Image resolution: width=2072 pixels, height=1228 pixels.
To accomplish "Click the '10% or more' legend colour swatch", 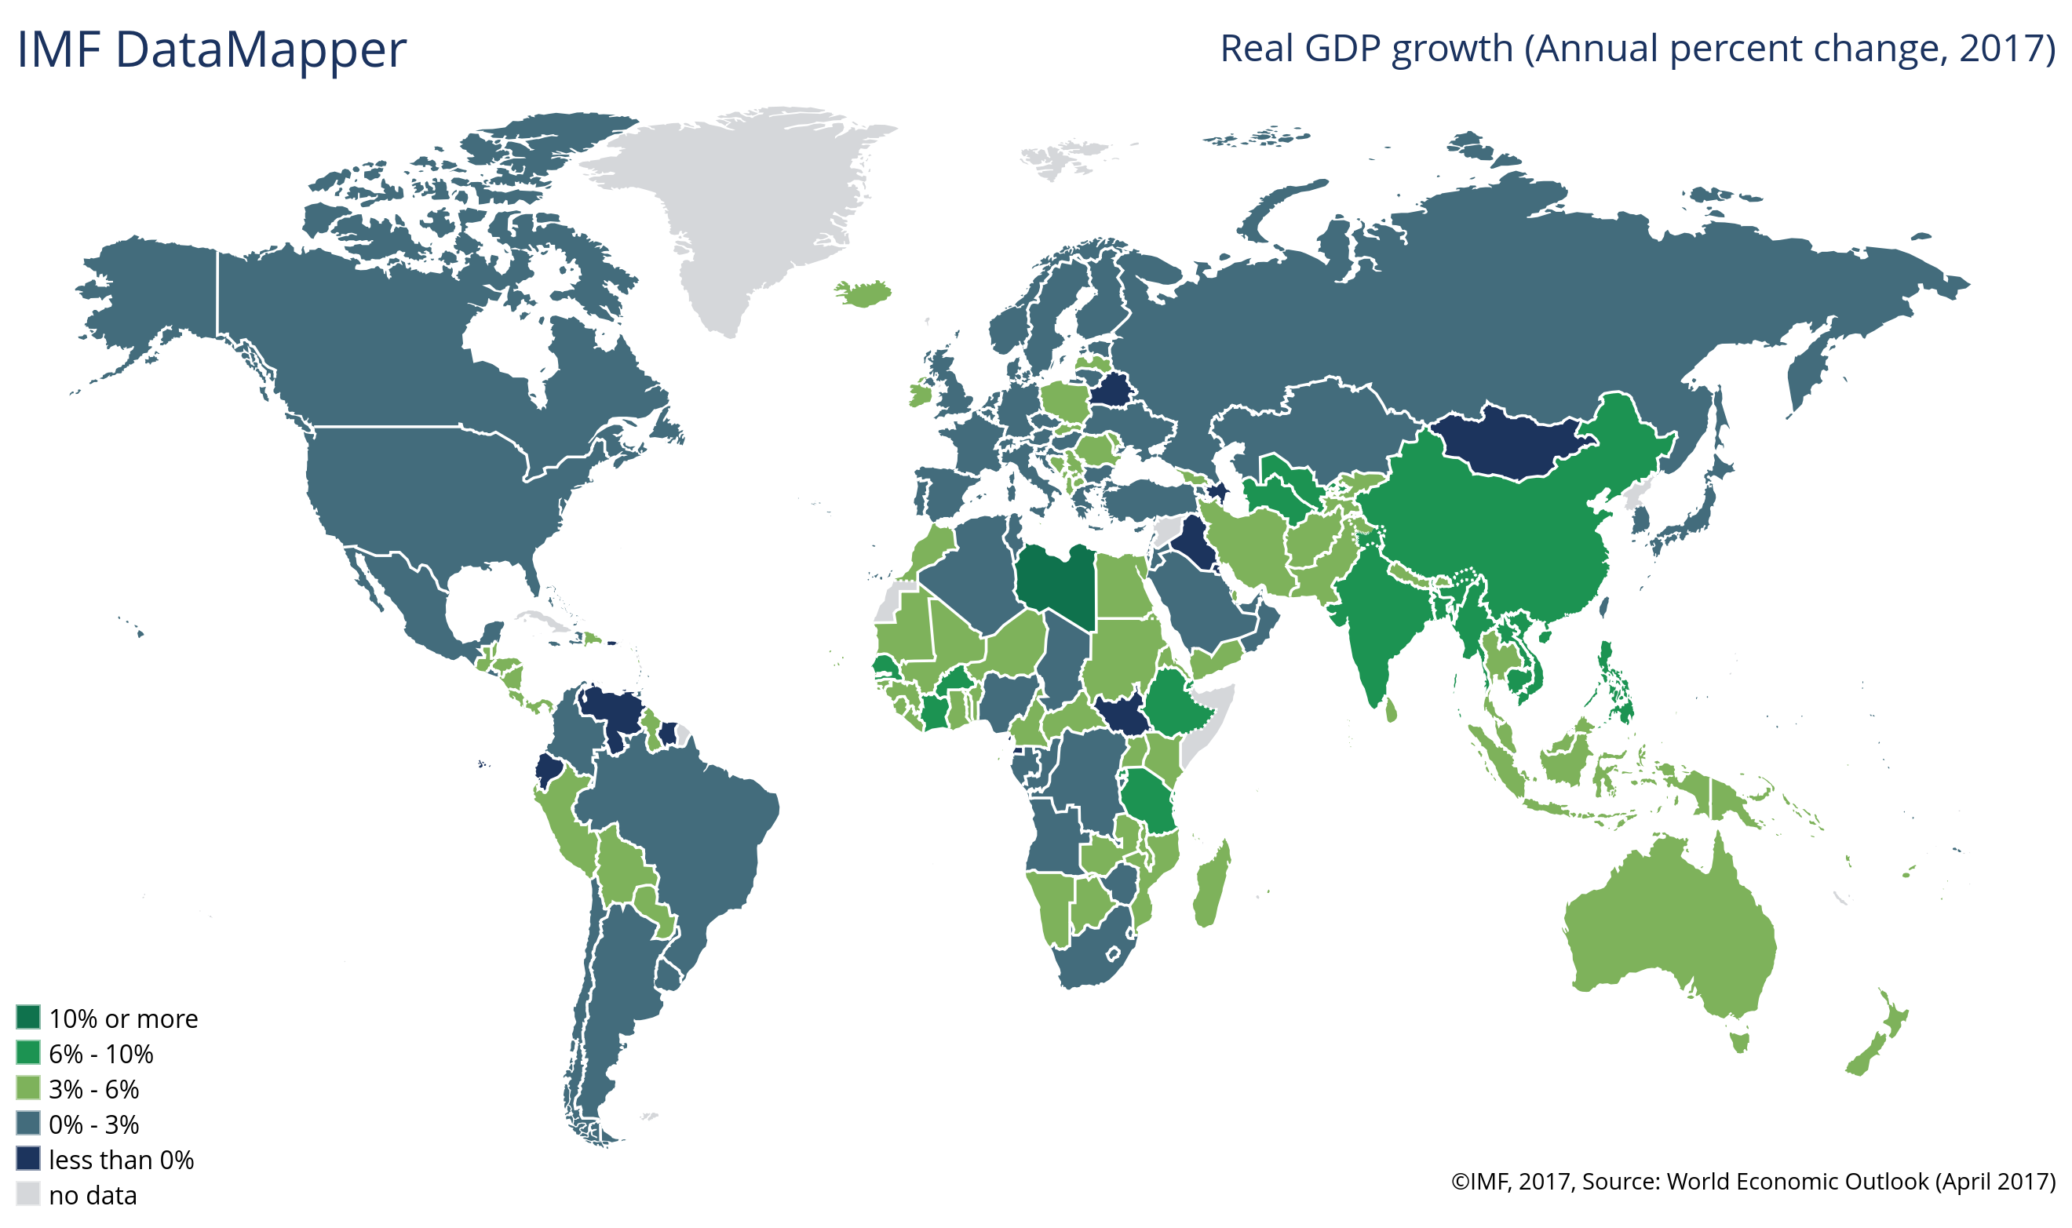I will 28,1017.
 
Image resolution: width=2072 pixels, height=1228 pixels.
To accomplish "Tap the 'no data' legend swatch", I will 28,1194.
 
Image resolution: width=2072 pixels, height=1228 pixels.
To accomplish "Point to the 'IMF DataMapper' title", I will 212,49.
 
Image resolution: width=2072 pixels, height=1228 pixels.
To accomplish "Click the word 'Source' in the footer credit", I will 1618,1181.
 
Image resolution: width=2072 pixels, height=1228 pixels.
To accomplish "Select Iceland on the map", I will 863,293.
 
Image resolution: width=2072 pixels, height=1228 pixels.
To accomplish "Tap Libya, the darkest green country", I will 1056,583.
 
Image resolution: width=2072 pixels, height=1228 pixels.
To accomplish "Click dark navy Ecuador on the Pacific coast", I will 547,770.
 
